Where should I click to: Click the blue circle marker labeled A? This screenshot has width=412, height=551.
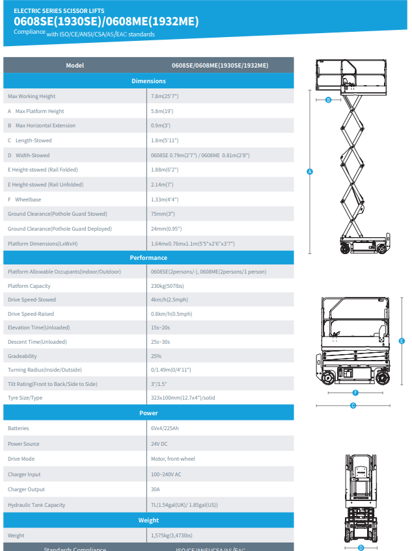point(310,172)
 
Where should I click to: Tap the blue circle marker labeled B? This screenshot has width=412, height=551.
point(328,100)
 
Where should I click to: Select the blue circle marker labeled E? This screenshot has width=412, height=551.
point(402,341)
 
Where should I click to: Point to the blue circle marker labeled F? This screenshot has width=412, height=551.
point(355,392)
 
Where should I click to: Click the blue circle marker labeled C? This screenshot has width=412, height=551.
point(353,405)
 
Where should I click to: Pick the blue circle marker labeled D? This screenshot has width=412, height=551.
point(361,548)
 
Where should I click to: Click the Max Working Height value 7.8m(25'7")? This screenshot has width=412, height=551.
point(165,96)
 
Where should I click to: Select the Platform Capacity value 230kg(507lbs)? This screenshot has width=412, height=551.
point(167,286)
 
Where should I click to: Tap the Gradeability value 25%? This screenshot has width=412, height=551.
point(156,356)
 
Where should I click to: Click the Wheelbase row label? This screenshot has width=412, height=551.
point(24,199)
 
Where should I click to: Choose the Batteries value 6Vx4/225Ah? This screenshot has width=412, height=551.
point(165,428)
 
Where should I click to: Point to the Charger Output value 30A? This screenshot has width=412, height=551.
point(156,489)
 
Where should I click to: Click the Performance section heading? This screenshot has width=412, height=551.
point(148,257)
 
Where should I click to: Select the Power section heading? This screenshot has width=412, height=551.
point(148,413)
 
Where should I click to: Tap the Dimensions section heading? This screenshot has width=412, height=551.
point(148,81)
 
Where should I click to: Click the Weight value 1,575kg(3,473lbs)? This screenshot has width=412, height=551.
point(171,535)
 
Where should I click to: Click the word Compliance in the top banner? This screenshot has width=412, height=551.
point(29,32)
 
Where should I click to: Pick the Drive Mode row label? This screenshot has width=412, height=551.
point(21,459)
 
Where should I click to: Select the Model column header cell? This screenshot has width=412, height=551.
point(75,66)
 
